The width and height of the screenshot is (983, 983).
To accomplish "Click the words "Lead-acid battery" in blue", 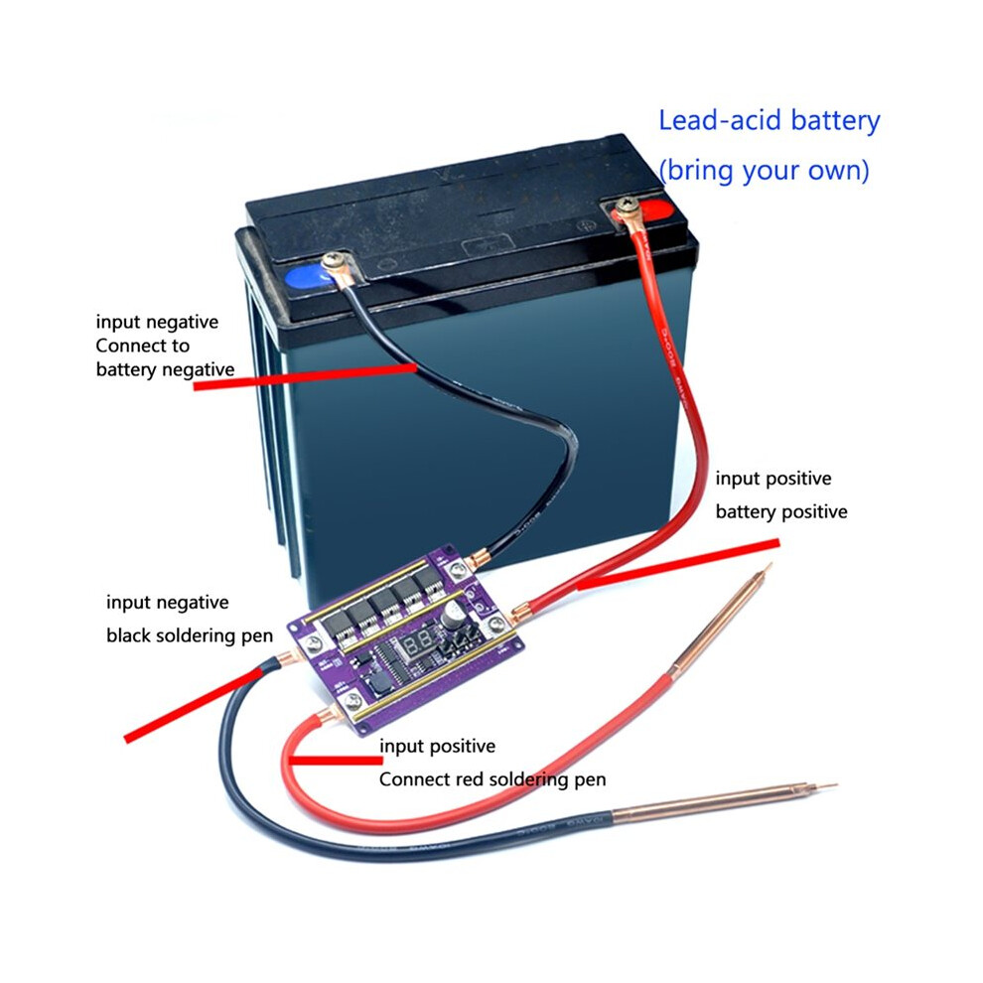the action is [769, 120].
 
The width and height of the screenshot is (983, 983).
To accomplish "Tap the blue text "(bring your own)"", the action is [765, 171].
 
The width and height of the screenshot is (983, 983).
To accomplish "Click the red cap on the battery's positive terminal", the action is [652, 211].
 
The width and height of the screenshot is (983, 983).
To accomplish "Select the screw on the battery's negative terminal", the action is [336, 259].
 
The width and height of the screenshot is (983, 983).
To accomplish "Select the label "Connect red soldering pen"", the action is [492, 779].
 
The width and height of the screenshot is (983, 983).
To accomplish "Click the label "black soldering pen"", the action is [190, 635].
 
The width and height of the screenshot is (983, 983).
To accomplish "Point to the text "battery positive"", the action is [781, 511].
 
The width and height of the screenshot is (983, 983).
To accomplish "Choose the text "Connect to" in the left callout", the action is [142, 346].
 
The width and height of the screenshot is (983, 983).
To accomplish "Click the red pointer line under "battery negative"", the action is [305, 376].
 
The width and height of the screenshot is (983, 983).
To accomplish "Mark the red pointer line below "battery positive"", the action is [678, 564].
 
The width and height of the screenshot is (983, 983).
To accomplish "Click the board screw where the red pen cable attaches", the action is [352, 700].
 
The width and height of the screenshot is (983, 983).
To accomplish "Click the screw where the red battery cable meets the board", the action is [496, 623].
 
